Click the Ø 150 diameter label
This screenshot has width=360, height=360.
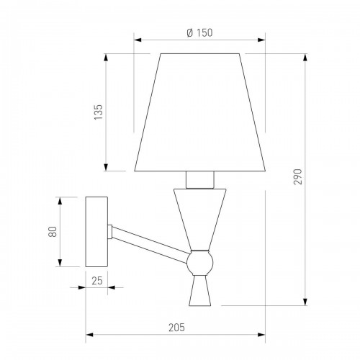199,32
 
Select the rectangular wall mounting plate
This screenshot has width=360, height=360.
97,230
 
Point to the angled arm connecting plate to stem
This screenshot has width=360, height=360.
151,243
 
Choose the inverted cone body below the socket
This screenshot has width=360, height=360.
199,216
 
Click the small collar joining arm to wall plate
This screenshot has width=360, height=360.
111,231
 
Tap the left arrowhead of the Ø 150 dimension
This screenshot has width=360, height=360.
137,41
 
